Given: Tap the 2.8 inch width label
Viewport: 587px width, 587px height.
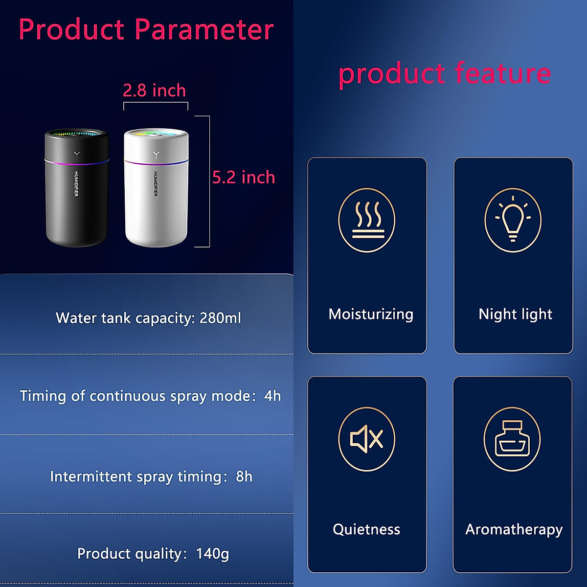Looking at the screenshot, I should point(154,90).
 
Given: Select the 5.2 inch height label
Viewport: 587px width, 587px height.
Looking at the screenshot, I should point(244,177).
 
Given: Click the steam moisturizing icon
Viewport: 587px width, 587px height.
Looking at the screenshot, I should point(367,220).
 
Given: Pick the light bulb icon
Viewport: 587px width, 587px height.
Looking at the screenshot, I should point(513,220).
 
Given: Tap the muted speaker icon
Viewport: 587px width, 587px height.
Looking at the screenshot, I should point(367,438).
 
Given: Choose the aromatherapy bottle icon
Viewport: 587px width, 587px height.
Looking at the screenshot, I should point(512,438).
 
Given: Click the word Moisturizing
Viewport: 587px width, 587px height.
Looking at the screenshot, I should point(371,314).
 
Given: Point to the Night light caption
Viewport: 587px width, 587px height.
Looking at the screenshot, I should point(515,314).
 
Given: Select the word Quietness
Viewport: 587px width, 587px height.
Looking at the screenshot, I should point(366,529).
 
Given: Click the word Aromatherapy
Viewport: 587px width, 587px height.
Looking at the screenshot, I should point(514,529).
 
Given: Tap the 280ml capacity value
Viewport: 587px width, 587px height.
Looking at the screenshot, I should point(220,318).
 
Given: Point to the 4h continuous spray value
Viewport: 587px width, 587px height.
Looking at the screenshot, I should point(272,396).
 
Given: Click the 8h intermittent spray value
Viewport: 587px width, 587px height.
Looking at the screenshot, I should point(244,476).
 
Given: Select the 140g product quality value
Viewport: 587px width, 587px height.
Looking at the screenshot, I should point(212,554).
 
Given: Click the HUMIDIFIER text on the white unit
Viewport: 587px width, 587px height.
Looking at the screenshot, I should point(156,183).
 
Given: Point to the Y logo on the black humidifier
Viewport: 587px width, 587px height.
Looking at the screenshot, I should point(77,154).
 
